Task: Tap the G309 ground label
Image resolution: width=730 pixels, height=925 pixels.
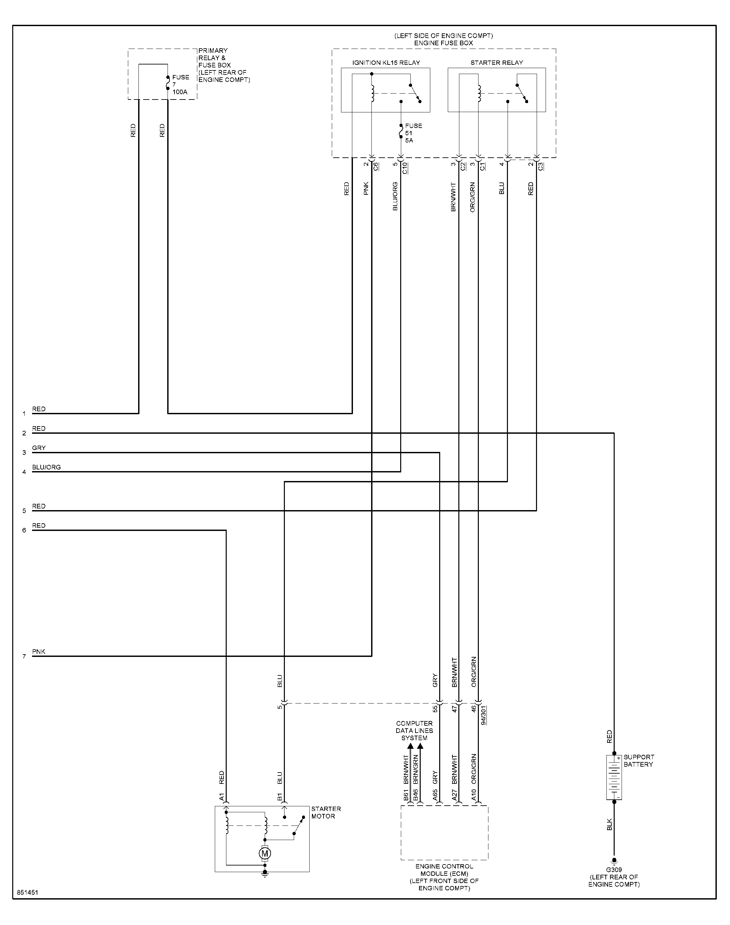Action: [x=614, y=869]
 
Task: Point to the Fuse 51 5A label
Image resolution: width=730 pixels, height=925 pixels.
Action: [x=413, y=133]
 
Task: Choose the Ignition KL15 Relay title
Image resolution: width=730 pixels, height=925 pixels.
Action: [x=386, y=63]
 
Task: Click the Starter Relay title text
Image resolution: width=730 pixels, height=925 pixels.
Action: [x=497, y=63]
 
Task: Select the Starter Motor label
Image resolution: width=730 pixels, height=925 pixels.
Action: [x=326, y=813]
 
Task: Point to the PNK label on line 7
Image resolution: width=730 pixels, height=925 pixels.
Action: [x=38, y=651]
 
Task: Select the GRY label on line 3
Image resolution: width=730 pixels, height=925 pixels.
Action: [x=38, y=448]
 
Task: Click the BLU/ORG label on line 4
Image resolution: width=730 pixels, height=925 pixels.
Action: [x=46, y=467]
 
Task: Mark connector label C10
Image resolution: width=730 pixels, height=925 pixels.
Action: [x=405, y=168]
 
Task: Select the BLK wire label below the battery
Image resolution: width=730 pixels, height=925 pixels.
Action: [x=609, y=824]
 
